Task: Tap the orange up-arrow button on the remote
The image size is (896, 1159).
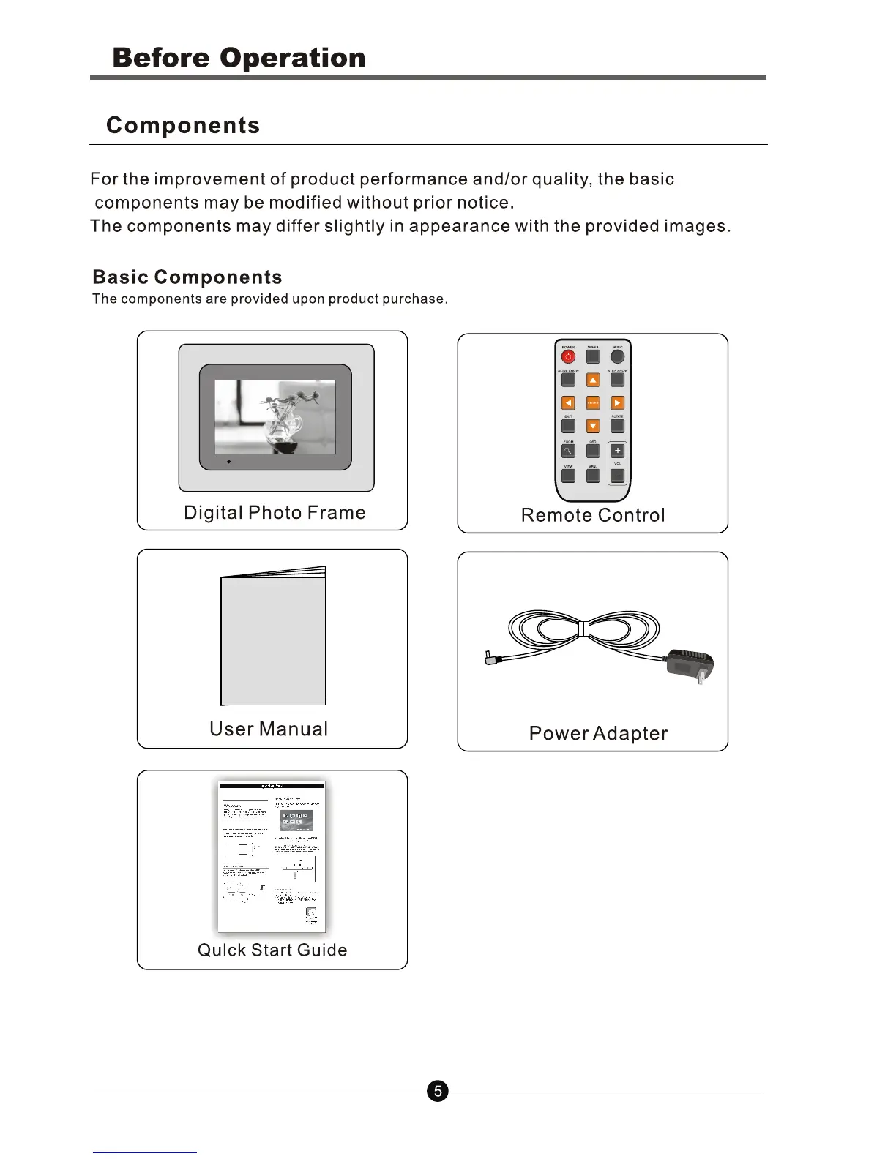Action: point(593,380)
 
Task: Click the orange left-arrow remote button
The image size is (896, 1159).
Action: point(568,403)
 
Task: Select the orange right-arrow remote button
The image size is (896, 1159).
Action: point(617,403)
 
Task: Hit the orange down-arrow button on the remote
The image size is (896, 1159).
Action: point(593,426)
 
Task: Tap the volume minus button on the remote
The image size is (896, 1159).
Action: point(617,476)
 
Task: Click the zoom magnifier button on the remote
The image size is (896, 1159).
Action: point(568,451)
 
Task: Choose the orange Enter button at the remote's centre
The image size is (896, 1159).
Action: point(593,403)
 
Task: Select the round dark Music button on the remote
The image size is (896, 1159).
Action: point(618,356)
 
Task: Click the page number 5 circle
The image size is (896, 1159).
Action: point(437,1092)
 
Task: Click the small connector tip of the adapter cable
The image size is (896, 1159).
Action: point(490,659)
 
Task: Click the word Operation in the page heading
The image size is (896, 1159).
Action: point(292,58)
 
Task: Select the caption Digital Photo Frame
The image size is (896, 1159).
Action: point(275,512)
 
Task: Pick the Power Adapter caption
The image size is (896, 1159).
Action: point(598,733)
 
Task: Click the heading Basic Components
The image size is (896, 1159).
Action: point(187,277)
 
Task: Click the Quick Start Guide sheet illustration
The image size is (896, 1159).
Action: point(272,856)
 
